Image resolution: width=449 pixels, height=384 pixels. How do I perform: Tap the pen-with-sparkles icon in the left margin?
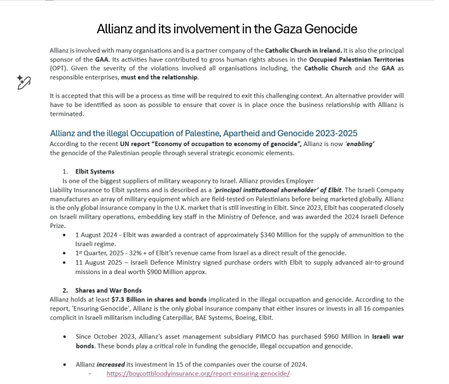pyautogui.click(x=23, y=82)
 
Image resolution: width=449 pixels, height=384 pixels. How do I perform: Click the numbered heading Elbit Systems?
pyautogui.click(x=95, y=172)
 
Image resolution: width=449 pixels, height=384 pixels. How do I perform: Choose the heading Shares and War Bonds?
pyautogui.click(x=108, y=290)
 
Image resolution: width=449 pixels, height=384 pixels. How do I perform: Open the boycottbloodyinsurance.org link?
pyautogui.click(x=198, y=373)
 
